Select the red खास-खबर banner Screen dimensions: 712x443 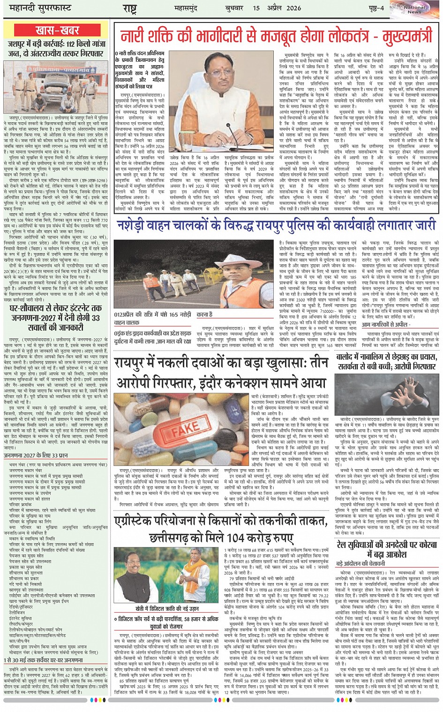click(x=57, y=31)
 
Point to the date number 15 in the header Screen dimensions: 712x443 click(x=256, y=8)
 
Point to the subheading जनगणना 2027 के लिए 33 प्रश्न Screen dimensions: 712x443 click(x=36, y=455)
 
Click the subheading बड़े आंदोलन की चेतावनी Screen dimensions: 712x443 click(x=360, y=562)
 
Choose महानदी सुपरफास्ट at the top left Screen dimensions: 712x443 click(x=38, y=8)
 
